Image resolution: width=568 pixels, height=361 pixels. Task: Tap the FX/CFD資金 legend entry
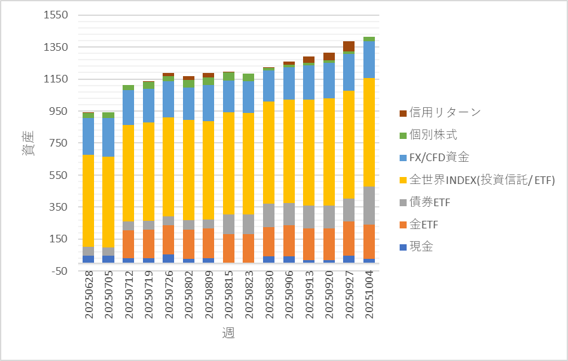[445, 157]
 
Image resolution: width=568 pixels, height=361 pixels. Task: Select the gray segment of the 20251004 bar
[369, 206]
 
